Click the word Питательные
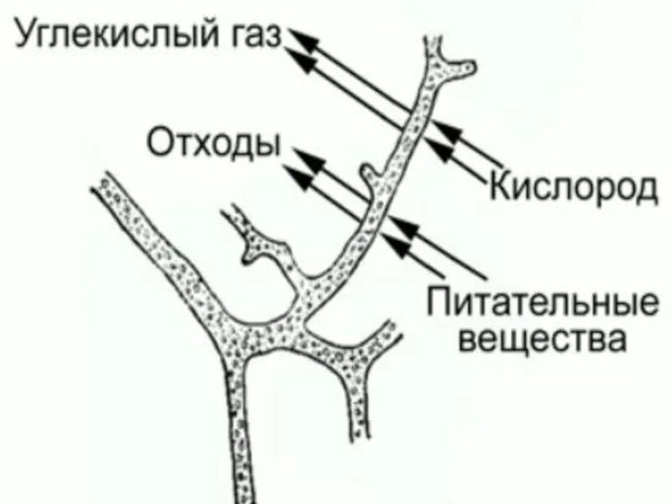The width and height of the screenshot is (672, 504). click(541, 302)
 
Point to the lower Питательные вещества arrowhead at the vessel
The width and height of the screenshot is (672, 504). click(395, 244)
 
